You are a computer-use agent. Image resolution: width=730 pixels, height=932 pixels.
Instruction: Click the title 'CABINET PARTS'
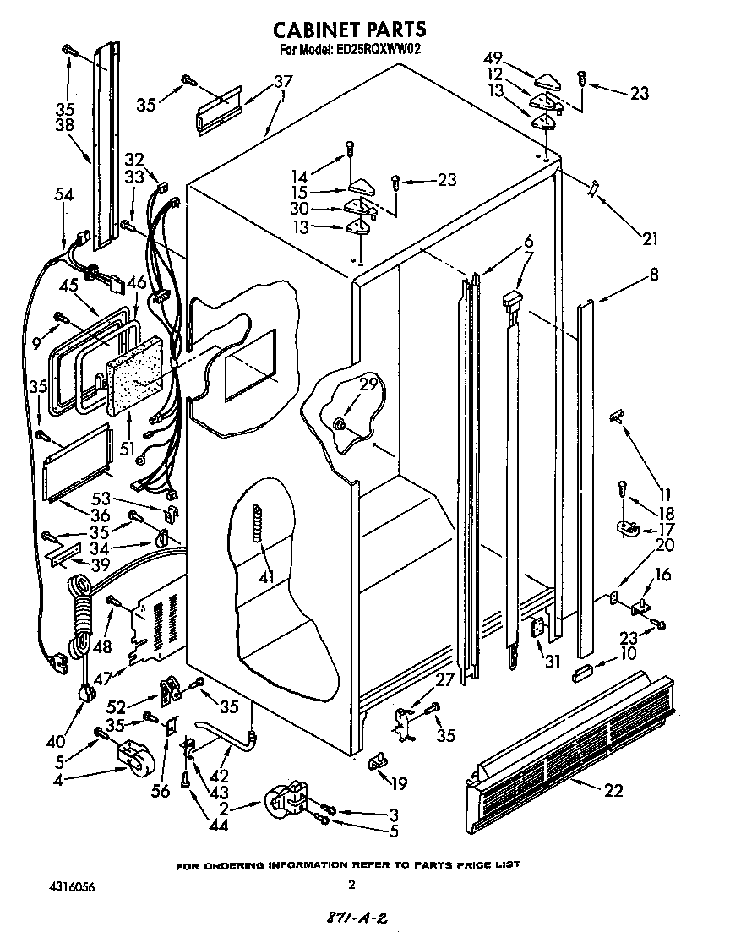pyautogui.click(x=349, y=30)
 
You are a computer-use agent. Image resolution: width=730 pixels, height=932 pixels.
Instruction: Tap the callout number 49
pyautogui.click(x=493, y=58)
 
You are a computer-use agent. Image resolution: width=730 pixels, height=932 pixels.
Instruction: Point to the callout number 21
pyautogui.click(x=649, y=238)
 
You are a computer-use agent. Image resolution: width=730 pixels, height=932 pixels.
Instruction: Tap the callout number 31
pyautogui.click(x=553, y=662)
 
